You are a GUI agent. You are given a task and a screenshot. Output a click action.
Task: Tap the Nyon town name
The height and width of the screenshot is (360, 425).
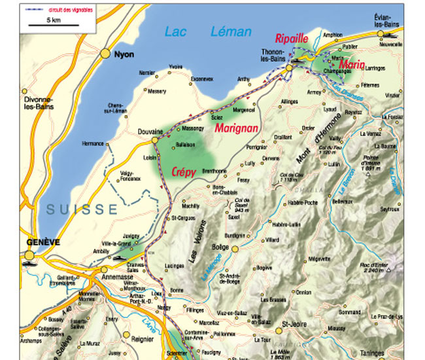click(124, 55)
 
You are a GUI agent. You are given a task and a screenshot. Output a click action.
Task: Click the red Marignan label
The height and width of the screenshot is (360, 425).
click(237, 128)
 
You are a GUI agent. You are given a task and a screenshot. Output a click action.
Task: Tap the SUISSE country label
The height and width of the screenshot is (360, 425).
click(82, 209)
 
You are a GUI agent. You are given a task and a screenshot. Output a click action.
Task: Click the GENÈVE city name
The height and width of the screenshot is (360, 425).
click(43, 242)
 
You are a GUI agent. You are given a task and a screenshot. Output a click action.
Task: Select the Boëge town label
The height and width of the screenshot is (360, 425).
click(220, 247)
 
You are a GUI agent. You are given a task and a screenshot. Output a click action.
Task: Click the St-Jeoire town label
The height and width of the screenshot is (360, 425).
click(295, 323)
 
